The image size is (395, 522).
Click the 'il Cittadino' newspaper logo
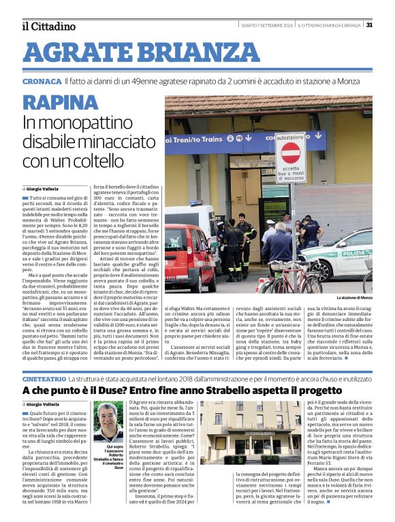[48, 26]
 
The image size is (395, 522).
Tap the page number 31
[369, 25]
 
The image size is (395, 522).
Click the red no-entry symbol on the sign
[290, 152]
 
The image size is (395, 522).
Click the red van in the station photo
[188, 260]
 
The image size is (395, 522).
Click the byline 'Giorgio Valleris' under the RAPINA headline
[44, 188]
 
